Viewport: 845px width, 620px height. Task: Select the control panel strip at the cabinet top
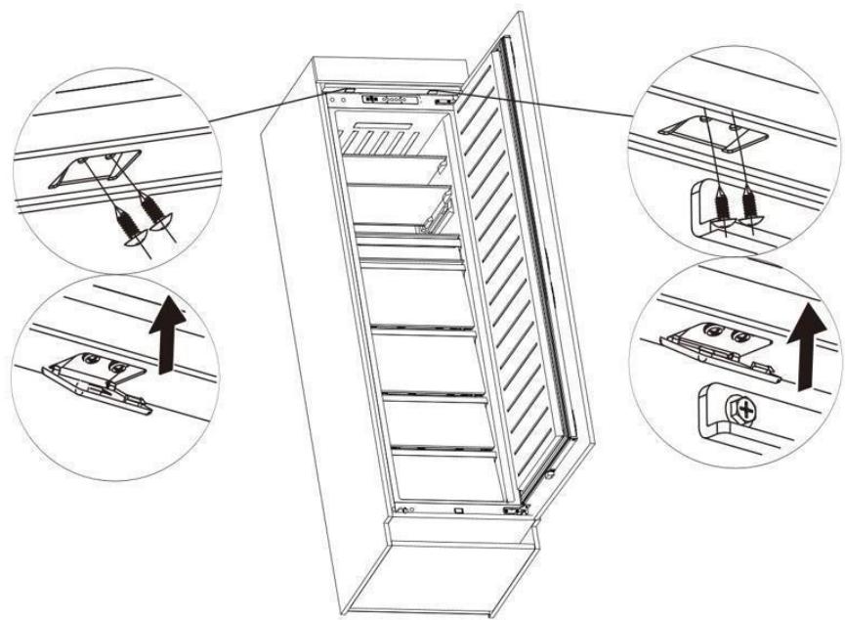[395, 99]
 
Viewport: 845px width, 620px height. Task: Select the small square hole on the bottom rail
[458, 509]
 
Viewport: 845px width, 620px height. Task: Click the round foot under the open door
[552, 476]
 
